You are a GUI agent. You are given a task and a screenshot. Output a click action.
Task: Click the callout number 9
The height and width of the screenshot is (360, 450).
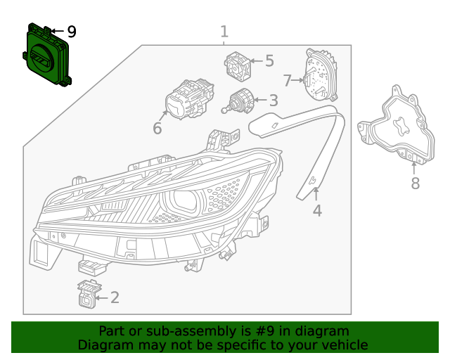[71, 32]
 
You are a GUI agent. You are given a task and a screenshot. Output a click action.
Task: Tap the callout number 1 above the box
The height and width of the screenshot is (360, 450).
[224, 32]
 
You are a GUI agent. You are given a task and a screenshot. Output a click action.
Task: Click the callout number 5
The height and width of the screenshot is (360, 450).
[269, 61]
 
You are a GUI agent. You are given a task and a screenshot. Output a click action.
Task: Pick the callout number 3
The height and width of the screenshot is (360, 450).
[273, 101]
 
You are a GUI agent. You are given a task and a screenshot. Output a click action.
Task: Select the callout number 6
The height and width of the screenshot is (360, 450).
[157, 128]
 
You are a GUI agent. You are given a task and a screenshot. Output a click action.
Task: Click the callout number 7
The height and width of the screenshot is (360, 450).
[287, 79]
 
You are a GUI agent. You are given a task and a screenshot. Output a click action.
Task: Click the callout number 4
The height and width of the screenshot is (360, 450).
[317, 210]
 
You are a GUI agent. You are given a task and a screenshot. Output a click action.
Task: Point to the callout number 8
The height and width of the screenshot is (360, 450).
[415, 184]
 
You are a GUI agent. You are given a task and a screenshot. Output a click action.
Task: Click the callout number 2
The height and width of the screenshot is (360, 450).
[115, 297]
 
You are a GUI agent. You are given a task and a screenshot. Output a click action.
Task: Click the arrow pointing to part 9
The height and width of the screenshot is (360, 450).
[56, 32]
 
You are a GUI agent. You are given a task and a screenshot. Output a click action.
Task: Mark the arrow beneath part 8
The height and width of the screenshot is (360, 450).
[413, 167]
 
